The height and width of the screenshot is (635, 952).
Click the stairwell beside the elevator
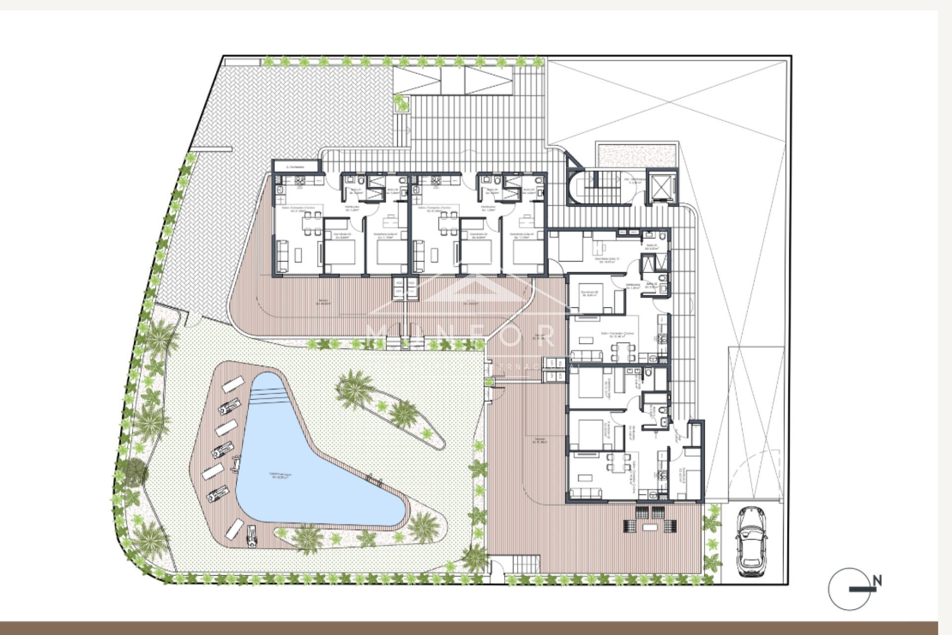(x=601, y=187)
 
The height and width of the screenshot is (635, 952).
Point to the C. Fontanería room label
(x=296, y=167)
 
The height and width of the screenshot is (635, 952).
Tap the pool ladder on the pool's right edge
(x=374, y=479)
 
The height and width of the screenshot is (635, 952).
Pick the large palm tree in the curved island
(x=354, y=387)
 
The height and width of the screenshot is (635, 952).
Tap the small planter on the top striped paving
(x=401, y=103)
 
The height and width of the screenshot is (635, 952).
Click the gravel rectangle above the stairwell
(x=638, y=155)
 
